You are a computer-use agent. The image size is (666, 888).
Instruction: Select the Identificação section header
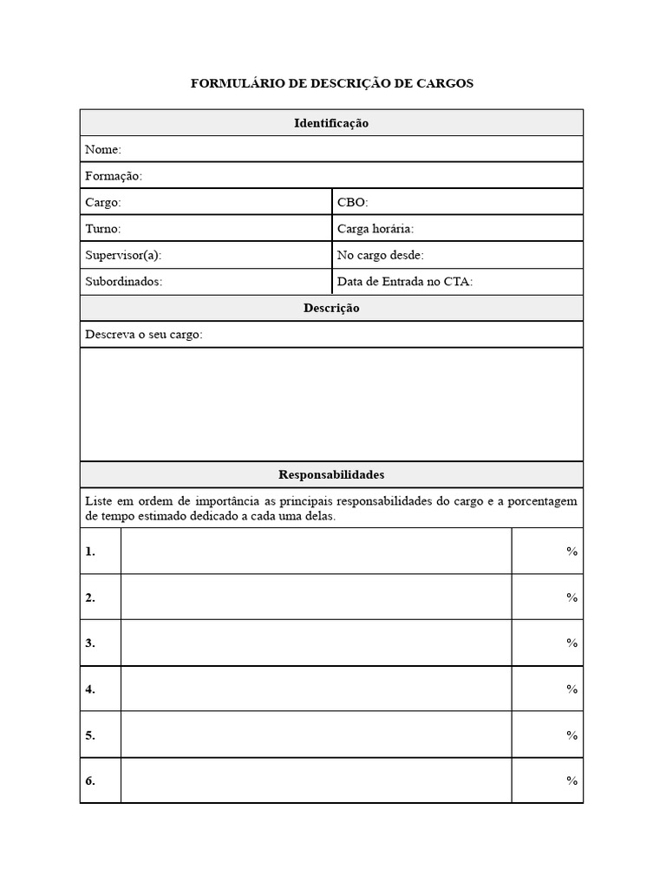click(x=331, y=123)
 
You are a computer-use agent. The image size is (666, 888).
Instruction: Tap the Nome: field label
click(x=103, y=150)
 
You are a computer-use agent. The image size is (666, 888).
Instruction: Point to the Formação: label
click(x=114, y=176)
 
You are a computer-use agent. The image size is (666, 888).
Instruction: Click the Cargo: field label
click(x=103, y=202)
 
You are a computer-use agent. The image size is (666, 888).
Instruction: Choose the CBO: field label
click(x=353, y=202)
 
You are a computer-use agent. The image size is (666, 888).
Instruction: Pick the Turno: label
click(x=103, y=229)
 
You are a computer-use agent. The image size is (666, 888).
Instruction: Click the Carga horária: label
click(x=375, y=229)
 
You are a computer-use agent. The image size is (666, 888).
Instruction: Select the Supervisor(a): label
click(x=123, y=255)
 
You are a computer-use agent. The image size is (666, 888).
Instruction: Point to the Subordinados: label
click(x=124, y=282)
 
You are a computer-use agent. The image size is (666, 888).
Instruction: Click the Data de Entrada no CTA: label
click(x=405, y=282)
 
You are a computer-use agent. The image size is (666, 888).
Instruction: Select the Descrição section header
click(x=331, y=308)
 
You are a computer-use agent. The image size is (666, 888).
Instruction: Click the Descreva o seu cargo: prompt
click(x=144, y=335)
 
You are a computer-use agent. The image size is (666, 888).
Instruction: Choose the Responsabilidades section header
click(x=331, y=474)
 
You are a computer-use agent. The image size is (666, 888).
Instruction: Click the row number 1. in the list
click(x=90, y=552)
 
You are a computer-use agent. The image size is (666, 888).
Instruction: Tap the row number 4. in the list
click(x=90, y=689)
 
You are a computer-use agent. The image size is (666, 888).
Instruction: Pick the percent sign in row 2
click(x=572, y=597)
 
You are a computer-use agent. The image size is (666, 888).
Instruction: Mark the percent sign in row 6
click(x=572, y=780)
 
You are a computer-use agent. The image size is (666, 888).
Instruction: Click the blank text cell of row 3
click(x=316, y=643)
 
